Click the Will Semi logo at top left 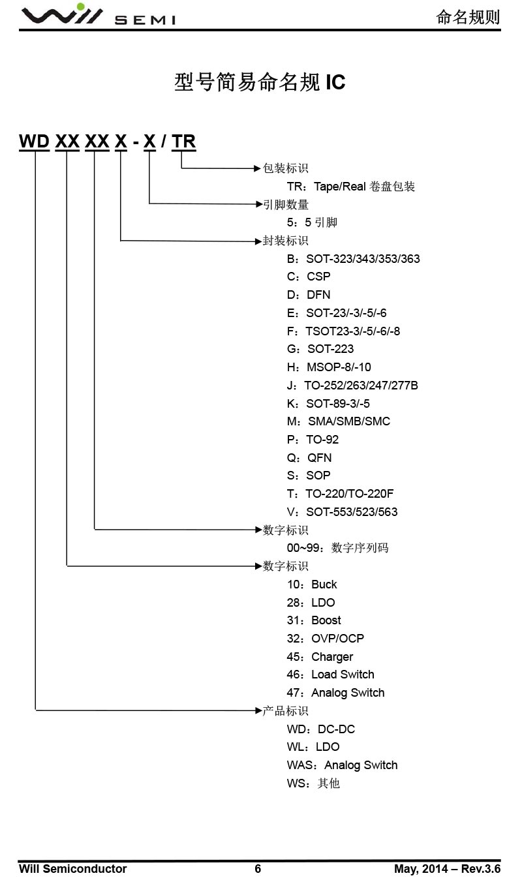pyautogui.click(x=98, y=16)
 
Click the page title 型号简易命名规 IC pyautogui.click(x=260, y=82)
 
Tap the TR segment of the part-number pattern pyautogui.click(x=184, y=141)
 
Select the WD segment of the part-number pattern pyautogui.click(x=34, y=141)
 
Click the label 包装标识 pyautogui.click(x=285, y=168)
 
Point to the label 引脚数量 pyautogui.click(x=285, y=205)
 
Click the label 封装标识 pyautogui.click(x=285, y=241)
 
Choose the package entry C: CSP pyautogui.click(x=309, y=277)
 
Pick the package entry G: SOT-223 pyautogui.click(x=320, y=349)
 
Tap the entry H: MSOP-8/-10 pyautogui.click(x=329, y=367)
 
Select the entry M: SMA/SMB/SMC pyautogui.click(x=339, y=421)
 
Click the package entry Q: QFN pyautogui.click(x=309, y=458)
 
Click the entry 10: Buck pyautogui.click(x=312, y=584)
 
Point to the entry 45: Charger pyautogui.click(x=320, y=657)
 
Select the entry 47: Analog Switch pyautogui.click(x=335, y=693)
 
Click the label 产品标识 pyautogui.click(x=285, y=711)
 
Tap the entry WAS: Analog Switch pyautogui.click(x=342, y=765)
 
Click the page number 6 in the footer pyautogui.click(x=258, y=869)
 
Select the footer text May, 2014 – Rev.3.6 pyautogui.click(x=447, y=869)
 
